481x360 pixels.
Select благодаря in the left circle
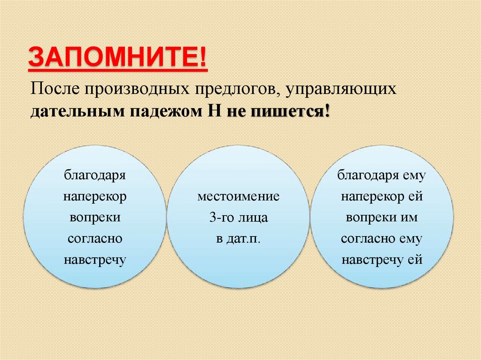pos(95,176)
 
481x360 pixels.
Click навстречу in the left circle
pos(95,260)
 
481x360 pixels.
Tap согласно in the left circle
pos(95,238)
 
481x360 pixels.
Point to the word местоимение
pos(238,197)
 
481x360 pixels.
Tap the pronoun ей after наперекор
pos(416,197)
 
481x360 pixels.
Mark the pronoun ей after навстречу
pos(416,260)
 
